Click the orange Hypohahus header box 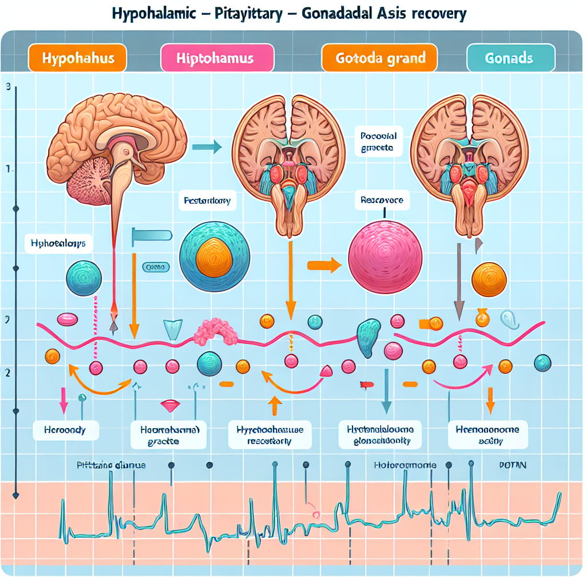pos(76,58)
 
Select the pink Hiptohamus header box pos(217,58)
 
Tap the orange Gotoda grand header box pos(379,58)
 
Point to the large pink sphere pos(386,255)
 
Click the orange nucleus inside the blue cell pos(214,257)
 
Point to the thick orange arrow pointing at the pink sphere pos(324,265)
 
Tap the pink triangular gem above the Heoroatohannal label pos(171,405)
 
